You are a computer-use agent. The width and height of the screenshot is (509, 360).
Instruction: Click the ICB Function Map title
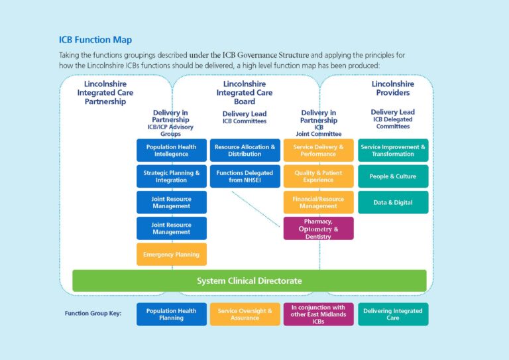95,40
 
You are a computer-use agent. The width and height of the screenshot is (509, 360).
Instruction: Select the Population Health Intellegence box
171,150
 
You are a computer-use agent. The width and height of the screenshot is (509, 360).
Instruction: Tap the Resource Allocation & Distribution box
245,150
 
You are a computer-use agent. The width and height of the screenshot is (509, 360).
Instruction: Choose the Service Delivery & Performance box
318,150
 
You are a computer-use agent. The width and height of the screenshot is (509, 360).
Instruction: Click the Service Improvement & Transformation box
393,150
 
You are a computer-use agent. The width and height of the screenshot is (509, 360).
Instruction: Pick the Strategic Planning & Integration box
171,176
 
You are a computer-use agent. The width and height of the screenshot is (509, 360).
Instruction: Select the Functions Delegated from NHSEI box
245,176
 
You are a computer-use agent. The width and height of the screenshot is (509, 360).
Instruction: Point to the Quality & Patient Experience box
318,176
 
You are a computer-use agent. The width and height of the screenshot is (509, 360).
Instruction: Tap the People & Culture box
393,176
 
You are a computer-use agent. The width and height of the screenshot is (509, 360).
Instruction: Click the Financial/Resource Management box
318,202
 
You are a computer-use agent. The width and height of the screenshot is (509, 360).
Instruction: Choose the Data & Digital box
393,202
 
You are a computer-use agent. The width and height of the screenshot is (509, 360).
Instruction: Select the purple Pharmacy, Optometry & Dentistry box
318,228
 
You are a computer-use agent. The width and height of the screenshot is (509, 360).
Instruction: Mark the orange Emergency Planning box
171,254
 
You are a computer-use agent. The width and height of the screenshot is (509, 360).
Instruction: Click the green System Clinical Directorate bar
249,280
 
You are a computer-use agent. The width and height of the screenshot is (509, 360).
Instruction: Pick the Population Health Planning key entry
171,314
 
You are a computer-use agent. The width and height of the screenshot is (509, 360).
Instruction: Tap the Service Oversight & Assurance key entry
245,314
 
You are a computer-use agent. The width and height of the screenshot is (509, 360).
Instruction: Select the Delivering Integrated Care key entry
393,314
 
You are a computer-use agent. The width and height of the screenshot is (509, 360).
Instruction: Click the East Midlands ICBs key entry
318,314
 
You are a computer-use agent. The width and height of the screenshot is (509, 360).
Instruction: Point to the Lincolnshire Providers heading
392,88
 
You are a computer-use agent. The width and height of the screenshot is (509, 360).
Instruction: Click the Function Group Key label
93,314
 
